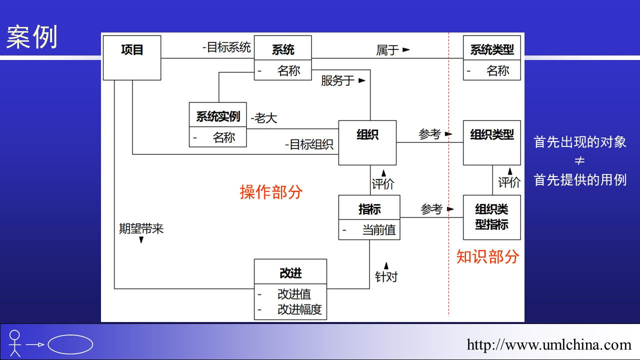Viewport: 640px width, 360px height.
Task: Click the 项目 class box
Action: point(132,57)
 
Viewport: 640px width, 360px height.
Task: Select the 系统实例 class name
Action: point(218,116)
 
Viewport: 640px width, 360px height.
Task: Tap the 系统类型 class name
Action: point(492,49)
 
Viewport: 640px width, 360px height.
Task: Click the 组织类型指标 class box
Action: point(492,217)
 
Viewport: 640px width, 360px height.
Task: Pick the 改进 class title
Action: point(290,273)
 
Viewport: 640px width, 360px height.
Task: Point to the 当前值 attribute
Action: point(378,230)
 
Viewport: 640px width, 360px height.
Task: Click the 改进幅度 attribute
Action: point(299,309)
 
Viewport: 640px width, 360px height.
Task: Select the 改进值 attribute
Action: point(294,294)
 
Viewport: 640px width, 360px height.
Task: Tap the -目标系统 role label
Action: point(226,47)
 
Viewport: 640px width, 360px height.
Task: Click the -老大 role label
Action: point(263,118)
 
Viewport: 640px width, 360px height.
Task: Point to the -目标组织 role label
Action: point(309,144)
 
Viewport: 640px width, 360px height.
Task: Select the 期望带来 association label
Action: point(141,229)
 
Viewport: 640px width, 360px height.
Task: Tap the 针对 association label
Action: point(386,276)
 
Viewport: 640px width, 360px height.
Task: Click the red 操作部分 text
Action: point(271,192)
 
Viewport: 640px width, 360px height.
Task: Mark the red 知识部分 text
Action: point(487,256)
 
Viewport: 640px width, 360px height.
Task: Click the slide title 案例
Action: point(32,37)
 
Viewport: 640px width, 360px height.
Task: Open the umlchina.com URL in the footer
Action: point(549,344)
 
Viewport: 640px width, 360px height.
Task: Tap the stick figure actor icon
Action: point(15,343)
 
